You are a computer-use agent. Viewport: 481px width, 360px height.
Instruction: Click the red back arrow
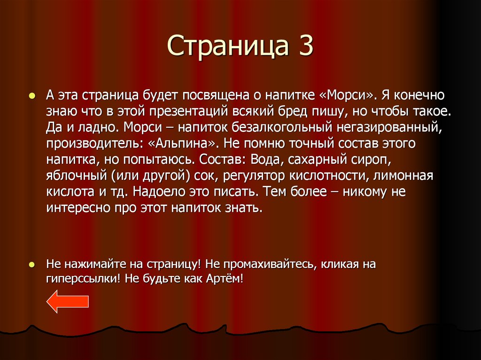coord(68,301)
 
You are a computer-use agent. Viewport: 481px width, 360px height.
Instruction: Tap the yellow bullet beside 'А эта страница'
coord(32,95)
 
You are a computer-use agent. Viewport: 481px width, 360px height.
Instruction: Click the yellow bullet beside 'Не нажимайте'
coord(32,264)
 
